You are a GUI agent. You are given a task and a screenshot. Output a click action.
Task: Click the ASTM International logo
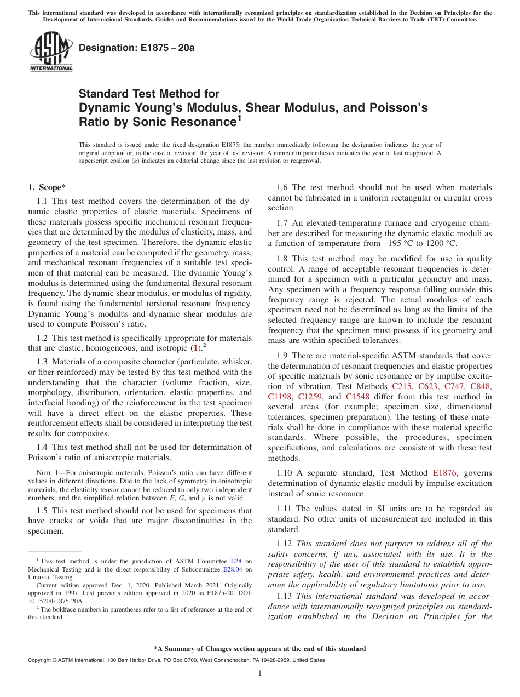tap(51, 53)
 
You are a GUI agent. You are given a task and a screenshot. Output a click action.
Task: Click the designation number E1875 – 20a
tap(137, 48)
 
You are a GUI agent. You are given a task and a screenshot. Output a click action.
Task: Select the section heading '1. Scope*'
tap(47, 187)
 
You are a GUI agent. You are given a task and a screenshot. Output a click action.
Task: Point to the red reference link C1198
tap(280, 397)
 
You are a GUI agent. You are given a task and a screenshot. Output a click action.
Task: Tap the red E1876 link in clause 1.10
tap(445, 472)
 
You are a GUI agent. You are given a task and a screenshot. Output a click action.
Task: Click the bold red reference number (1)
tap(195, 348)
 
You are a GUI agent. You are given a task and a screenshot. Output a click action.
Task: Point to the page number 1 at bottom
tap(260, 673)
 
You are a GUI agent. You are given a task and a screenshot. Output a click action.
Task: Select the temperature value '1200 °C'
tap(441, 243)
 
